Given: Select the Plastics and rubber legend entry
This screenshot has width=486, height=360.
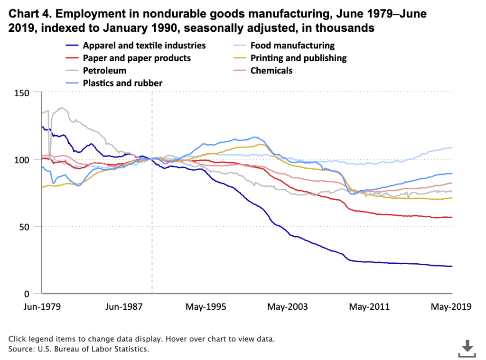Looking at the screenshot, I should (122, 83).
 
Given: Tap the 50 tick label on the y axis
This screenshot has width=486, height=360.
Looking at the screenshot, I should (31, 227).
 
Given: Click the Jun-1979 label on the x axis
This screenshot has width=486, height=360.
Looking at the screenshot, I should (42, 306).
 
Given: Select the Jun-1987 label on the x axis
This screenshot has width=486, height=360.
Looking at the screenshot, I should (124, 306).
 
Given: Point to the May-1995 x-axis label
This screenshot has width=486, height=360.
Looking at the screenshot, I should (206, 306).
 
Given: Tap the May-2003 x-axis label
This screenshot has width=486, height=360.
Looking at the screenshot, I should (288, 306).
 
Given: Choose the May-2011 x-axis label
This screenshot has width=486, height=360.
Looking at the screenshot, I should (369, 306).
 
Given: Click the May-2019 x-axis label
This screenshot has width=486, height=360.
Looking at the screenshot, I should (451, 306).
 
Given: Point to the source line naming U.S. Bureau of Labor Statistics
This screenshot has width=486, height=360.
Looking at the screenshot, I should (79, 349).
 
